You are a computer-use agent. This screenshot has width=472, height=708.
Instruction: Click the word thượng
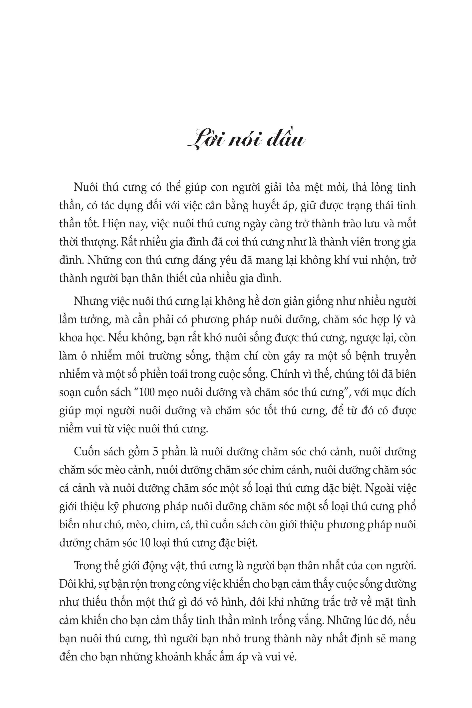93,243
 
